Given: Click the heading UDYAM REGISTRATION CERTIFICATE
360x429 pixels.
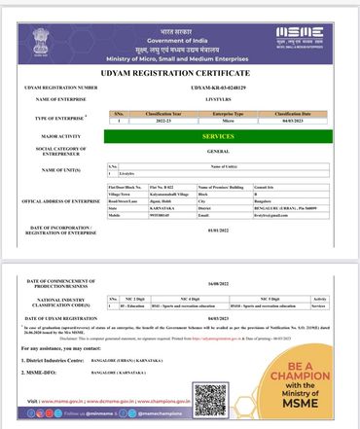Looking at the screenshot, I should tap(181, 74).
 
